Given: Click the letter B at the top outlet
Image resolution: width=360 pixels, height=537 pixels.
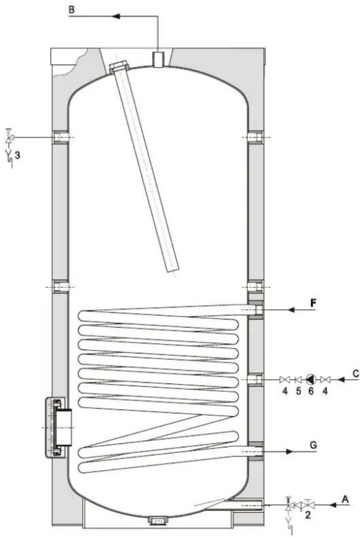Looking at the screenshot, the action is click(71, 9).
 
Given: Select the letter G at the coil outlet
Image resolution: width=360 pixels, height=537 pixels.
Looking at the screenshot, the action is click(313, 445).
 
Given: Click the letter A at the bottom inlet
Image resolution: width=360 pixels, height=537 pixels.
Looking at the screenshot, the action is click(345, 499).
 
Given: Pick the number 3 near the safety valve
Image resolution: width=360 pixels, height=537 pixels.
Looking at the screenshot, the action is click(17, 155).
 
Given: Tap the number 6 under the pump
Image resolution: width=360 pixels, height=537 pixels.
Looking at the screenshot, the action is click(311, 391).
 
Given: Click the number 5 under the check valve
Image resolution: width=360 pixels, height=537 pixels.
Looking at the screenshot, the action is click(298, 391).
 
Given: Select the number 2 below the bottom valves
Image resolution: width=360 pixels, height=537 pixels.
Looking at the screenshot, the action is click(308, 515).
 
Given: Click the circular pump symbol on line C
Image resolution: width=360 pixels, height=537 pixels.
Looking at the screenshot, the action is click(311, 379).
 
